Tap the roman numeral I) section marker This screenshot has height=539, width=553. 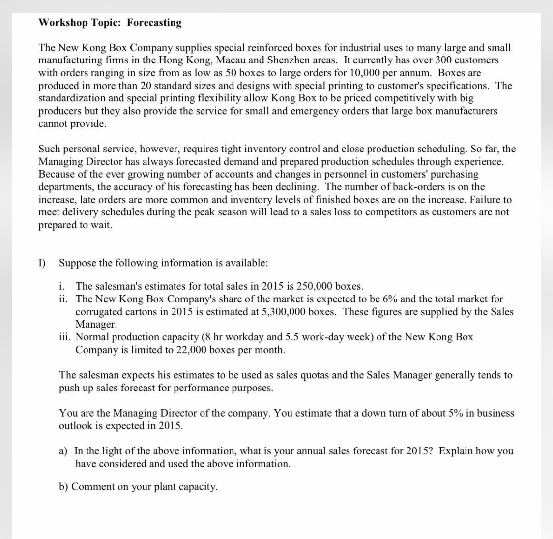click(x=42, y=263)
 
